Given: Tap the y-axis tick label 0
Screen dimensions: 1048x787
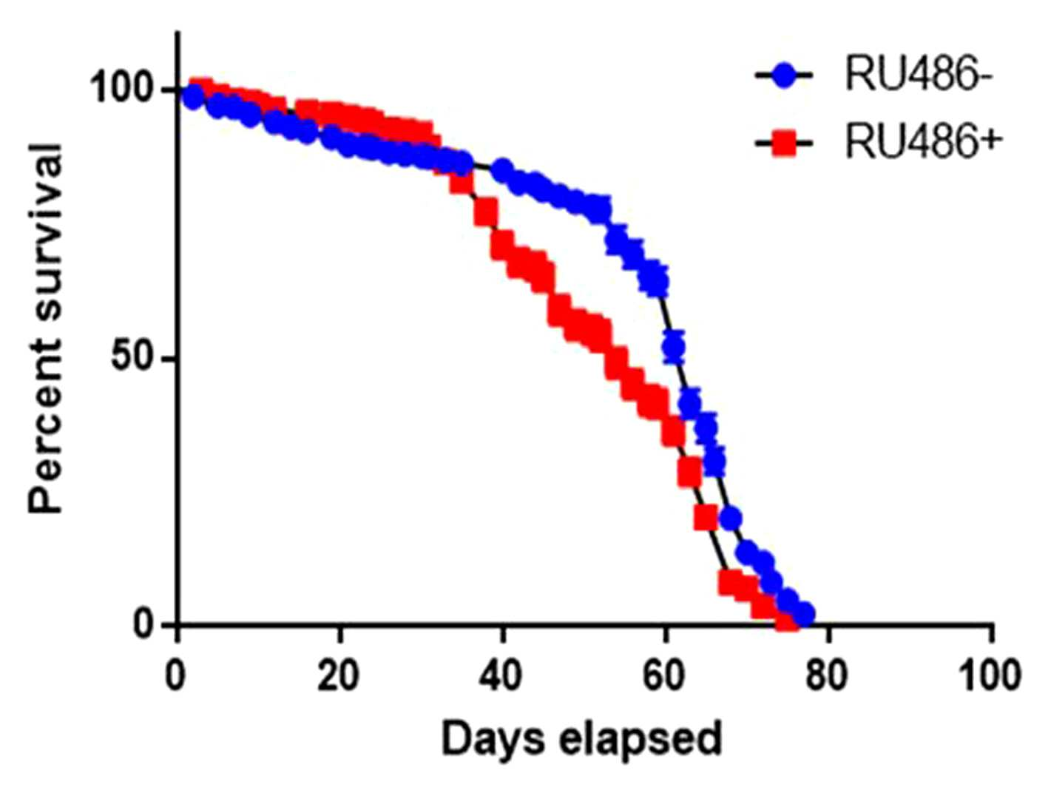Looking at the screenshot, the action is click(144, 624).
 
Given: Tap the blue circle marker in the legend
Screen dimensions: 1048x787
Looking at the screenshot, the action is click(783, 76).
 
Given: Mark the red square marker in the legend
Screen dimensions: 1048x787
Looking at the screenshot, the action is click(783, 143).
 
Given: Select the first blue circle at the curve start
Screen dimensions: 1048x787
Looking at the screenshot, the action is click(193, 98).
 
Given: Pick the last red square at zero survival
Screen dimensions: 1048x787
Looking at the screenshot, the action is click(786, 621).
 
